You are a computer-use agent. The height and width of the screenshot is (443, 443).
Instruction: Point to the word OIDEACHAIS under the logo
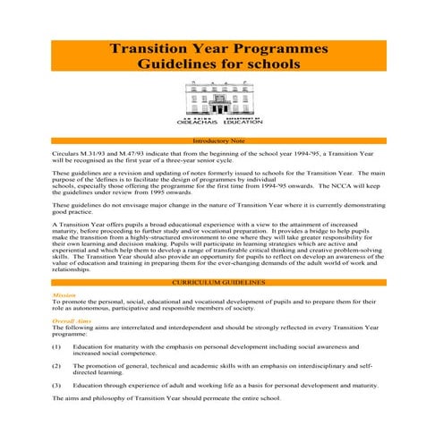[198, 122]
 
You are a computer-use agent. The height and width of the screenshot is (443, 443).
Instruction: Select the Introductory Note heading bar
[220, 141]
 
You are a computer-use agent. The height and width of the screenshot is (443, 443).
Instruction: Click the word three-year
[192, 161]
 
